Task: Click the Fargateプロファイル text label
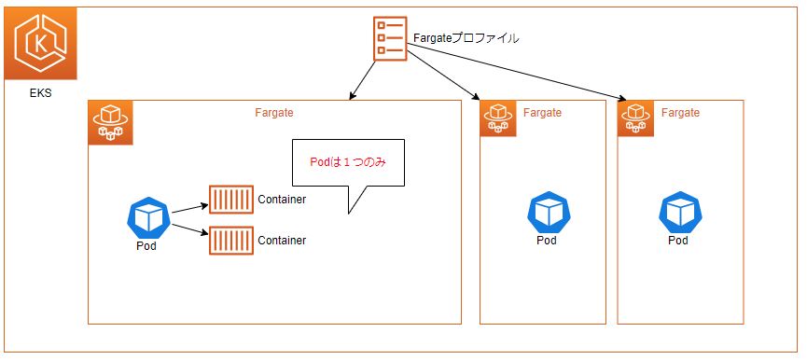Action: point(466,39)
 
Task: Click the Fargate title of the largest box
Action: point(274,113)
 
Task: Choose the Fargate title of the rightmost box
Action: point(680,113)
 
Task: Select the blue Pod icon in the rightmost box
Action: point(678,212)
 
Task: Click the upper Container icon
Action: point(230,200)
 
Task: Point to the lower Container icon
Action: point(230,241)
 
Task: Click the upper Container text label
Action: point(281,200)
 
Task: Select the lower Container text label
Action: point(281,241)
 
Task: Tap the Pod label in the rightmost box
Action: point(678,241)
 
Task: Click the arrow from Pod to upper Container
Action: point(189,207)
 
